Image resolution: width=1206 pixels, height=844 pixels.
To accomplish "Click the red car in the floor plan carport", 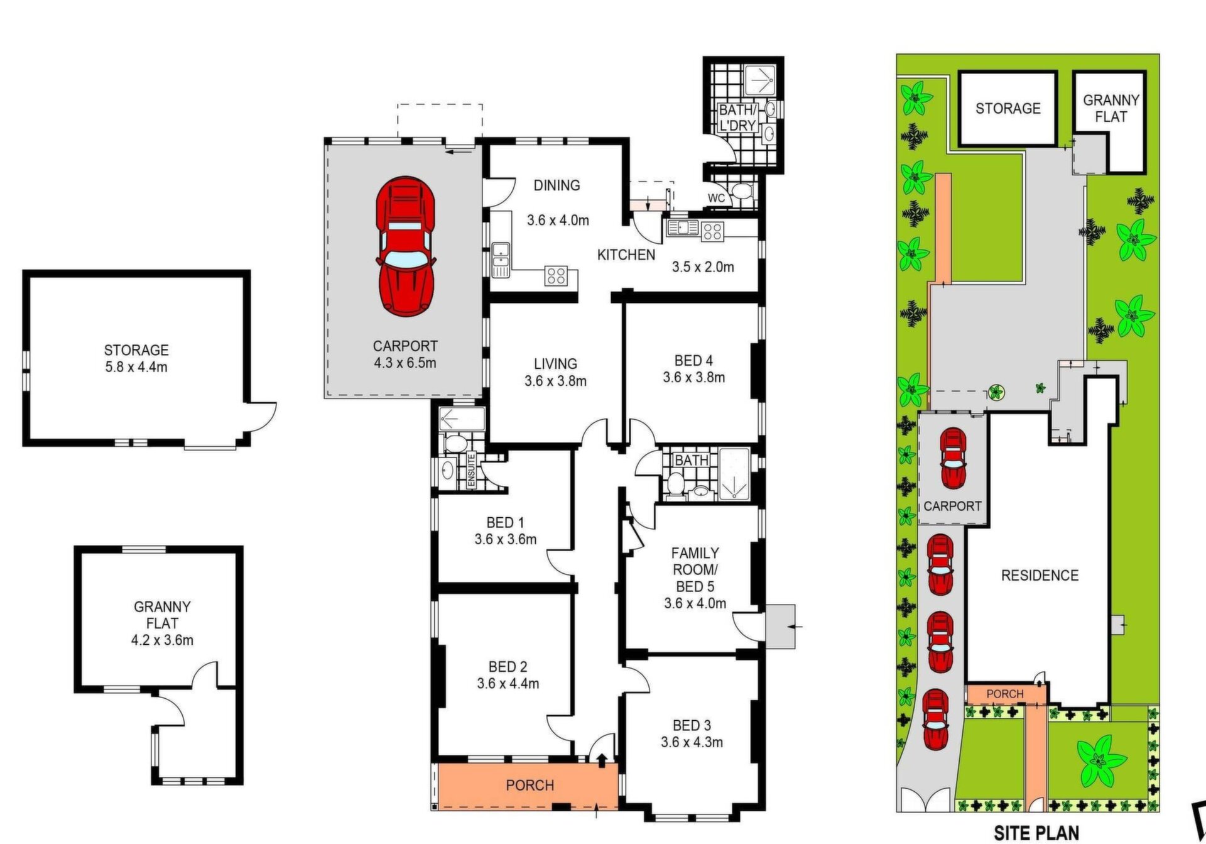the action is [x=406, y=247].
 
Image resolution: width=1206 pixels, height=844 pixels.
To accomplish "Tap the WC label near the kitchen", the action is [x=716, y=198].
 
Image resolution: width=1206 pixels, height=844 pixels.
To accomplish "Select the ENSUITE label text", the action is [x=472, y=471].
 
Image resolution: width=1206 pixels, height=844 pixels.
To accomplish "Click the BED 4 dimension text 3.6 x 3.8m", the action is [x=693, y=378].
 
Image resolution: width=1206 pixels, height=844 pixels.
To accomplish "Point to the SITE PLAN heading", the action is [x=1036, y=833].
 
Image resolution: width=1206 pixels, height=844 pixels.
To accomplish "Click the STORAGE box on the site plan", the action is [x=1008, y=109].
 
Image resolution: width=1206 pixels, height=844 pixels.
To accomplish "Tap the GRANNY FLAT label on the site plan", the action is [x=1111, y=108].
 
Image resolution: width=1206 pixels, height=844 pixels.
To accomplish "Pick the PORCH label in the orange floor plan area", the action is [x=530, y=786].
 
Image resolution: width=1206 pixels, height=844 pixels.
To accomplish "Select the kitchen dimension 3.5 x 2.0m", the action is [x=703, y=267].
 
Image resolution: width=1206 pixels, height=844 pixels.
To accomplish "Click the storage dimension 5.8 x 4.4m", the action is [x=136, y=367].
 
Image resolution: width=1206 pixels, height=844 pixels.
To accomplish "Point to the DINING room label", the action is [x=557, y=185].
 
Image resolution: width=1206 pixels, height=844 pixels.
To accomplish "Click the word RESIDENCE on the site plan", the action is [x=1040, y=575].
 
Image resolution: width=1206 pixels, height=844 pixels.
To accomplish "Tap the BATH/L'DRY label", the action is [x=737, y=118].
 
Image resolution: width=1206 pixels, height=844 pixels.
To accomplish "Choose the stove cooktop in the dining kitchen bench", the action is [x=556, y=275].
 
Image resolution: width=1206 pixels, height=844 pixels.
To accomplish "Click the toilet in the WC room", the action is [x=742, y=191].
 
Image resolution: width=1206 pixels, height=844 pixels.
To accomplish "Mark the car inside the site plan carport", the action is [x=952, y=458].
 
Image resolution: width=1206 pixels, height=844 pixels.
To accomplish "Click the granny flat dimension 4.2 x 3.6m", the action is [x=162, y=640].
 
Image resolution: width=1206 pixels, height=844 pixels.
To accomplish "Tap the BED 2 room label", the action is [x=508, y=667].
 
